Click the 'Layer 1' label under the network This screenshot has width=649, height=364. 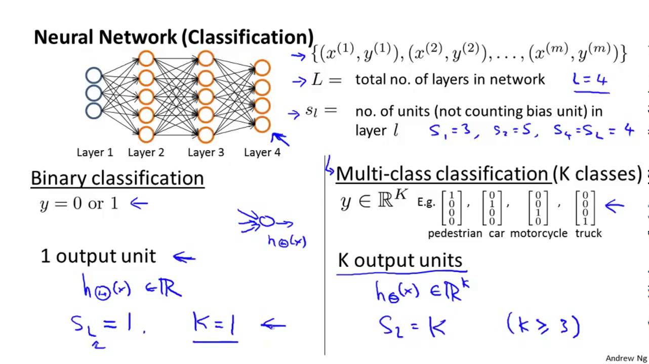pos(95,152)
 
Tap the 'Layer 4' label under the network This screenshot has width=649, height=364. pos(262,152)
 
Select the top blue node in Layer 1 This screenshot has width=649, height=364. pos(94,76)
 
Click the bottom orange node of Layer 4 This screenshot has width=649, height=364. pos(262,124)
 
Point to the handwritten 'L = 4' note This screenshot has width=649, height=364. pos(590,80)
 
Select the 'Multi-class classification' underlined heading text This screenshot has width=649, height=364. pos(442,174)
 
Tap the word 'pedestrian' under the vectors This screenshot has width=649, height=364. pos(455,234)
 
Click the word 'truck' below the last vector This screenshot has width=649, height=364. pos(588,234)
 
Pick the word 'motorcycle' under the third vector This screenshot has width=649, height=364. pos(539,234)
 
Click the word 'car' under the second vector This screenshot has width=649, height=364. pos(497,234)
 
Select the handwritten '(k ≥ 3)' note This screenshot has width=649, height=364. pos(543,325)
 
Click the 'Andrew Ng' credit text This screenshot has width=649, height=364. pos(626,358)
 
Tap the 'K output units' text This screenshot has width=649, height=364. pos(400,261)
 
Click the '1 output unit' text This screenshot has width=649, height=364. pos(98,256)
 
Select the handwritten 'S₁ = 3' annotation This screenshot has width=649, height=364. pos(451,131)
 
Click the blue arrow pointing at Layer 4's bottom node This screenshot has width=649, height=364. pos(280,139)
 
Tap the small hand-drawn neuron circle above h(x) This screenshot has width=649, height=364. pos(267,221)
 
